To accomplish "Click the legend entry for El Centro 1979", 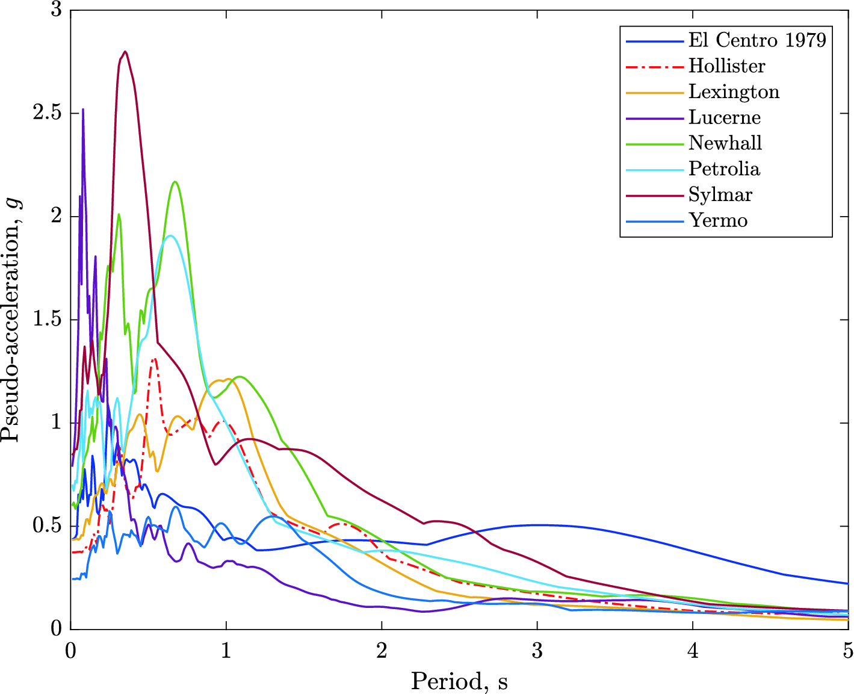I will click(x=757, y=40).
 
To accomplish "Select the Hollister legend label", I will click(x=726, y=66).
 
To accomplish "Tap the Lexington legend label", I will click(x=734, y=92).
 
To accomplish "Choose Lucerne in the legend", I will click(x=725, y=118).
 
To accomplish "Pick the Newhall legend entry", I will click(x=725, y=143).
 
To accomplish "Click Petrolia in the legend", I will click(x=724, y=169).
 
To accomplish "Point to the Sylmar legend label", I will click(x=720, y=195).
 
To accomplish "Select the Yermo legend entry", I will click(x=718, y=221).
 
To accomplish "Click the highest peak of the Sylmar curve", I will click(x=125, y=52).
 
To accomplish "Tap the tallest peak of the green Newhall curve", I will click(x=175, y=182).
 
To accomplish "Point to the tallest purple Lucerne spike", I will click(x=83, y=110).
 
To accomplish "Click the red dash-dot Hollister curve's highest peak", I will click(x=155, y=359).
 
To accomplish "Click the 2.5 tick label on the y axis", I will click(x=47, y=113).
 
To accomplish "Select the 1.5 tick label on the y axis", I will click(x=47, y=320).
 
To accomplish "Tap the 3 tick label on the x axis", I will click(x=537, y=651).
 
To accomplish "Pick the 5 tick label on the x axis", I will click(x=847, y=651).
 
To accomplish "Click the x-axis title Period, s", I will click(x=459, y=681).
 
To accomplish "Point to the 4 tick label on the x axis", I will click(x=693, y=651).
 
